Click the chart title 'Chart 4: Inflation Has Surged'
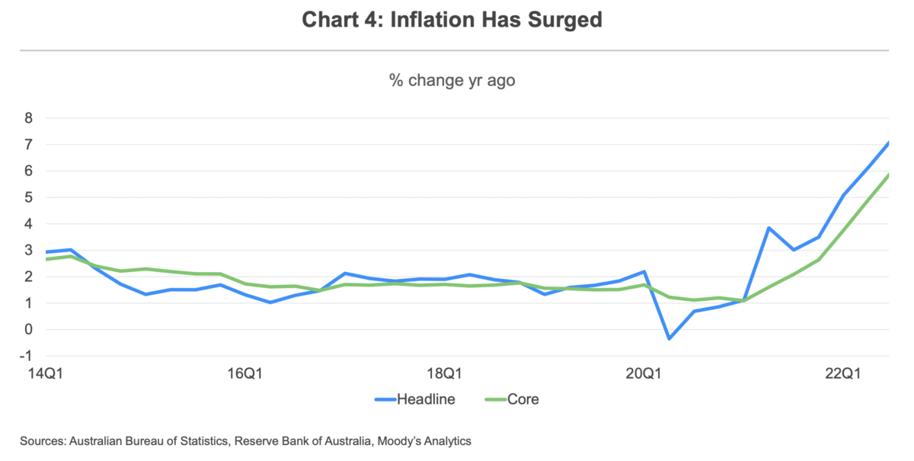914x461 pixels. (452, 20)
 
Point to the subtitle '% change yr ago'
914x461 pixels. (452, 80)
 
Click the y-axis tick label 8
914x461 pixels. (28, 118)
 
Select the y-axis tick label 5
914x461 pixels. (28, 197)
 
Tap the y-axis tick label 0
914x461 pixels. (28, 329)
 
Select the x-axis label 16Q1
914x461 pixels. (244, 374)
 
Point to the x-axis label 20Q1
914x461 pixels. (644, 374)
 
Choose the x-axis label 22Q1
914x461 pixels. (843, 374)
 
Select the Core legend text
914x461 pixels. (523, 399)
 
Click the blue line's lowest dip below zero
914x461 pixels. (669, 338)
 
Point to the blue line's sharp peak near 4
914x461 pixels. (769, 228)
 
